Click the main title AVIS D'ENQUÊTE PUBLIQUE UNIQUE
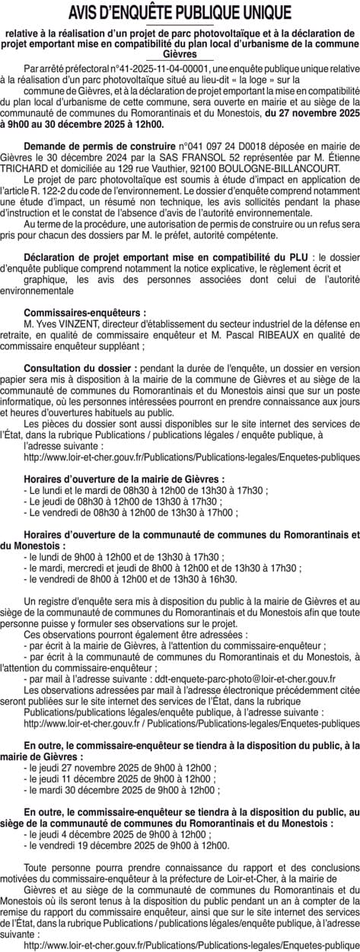coord(180,13)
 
